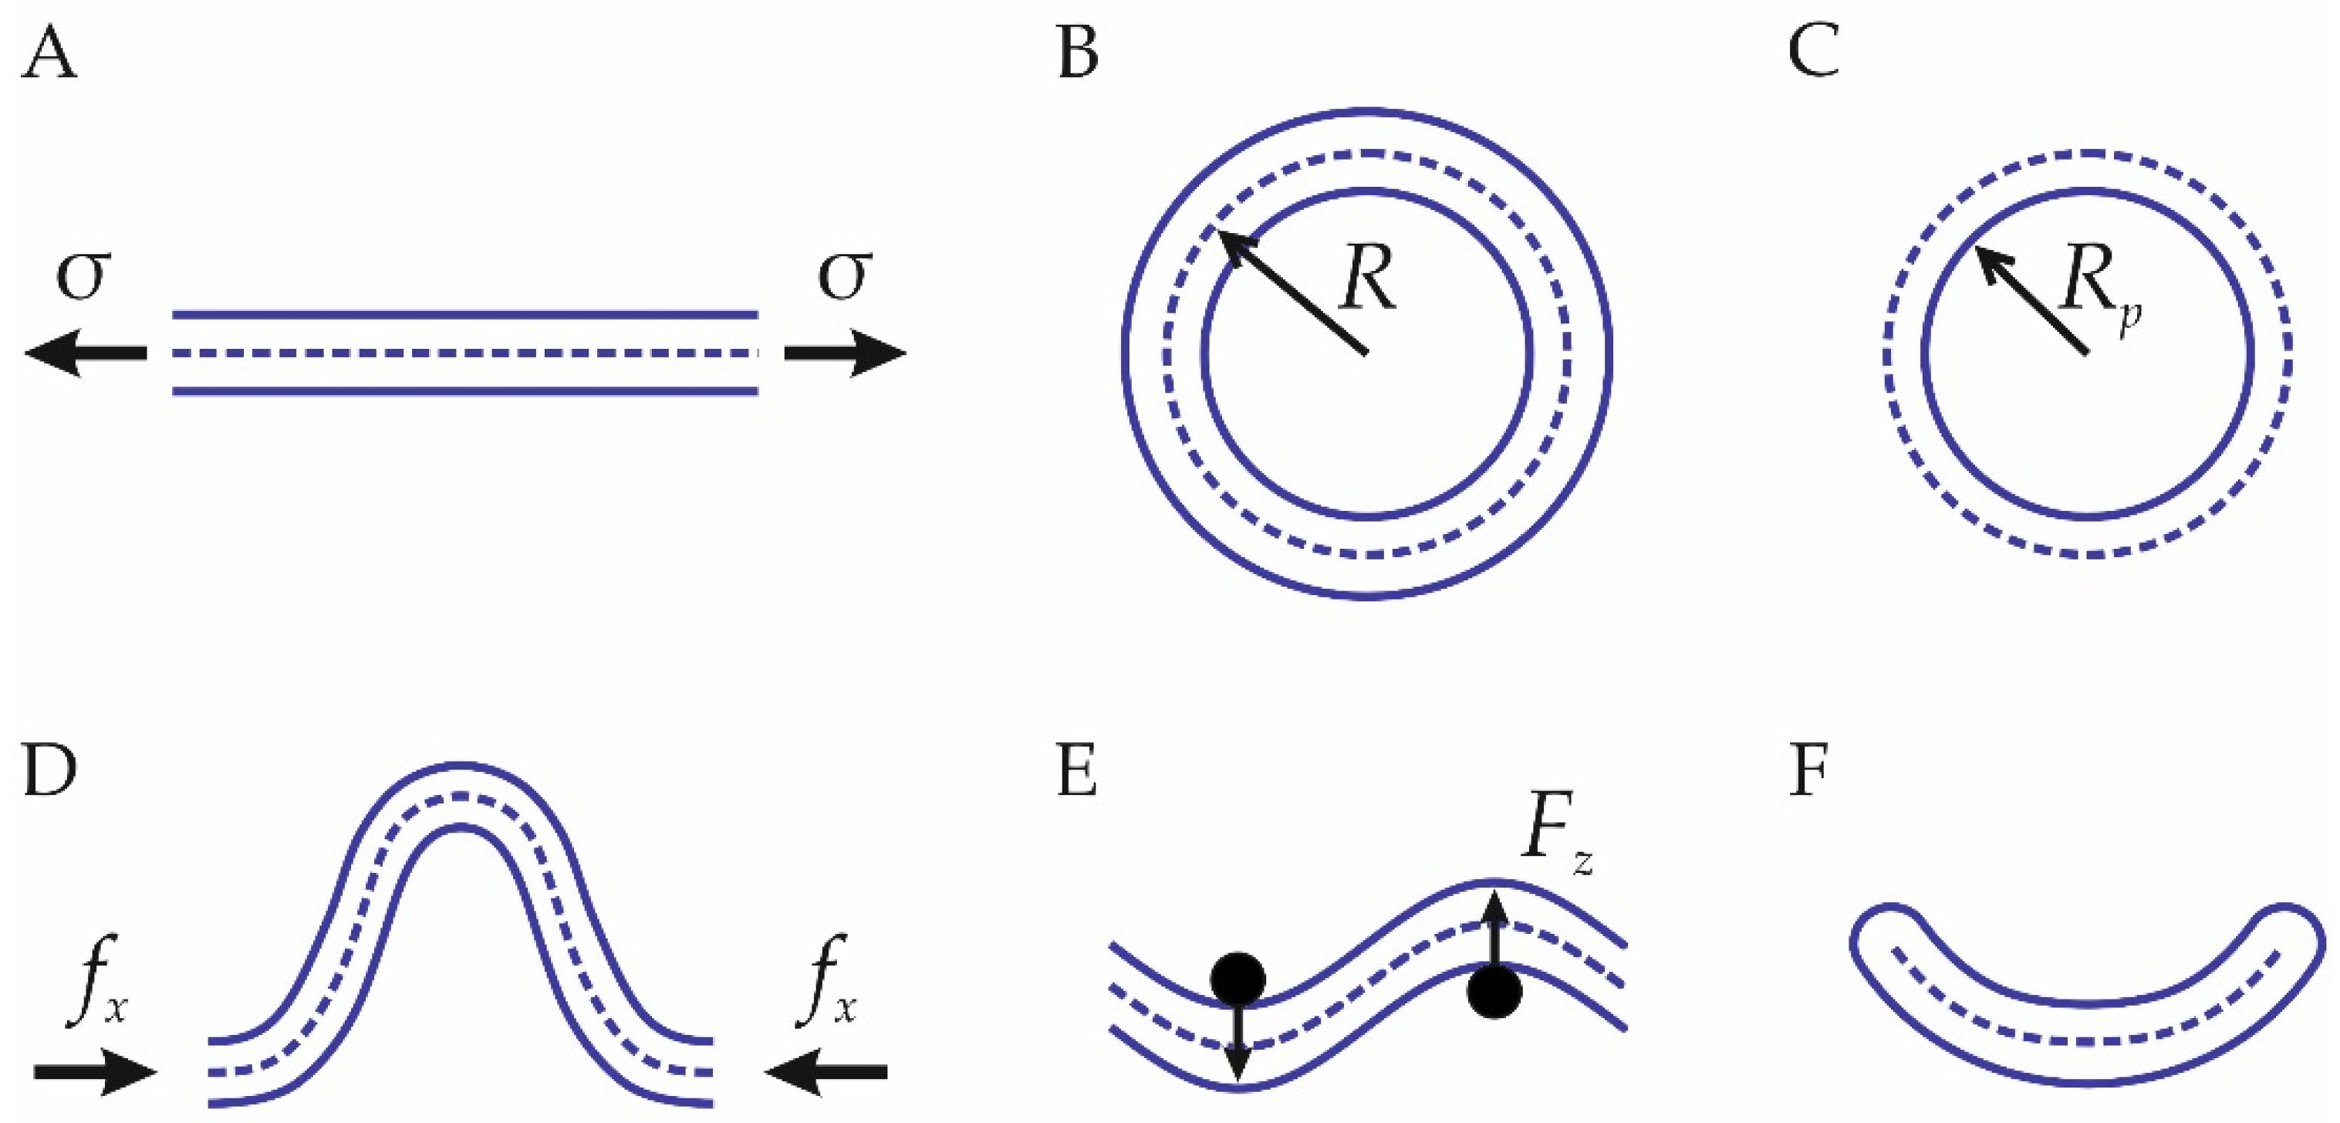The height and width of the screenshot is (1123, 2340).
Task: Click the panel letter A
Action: [49, 52]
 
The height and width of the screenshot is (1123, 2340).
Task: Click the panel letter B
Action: [1079, 52]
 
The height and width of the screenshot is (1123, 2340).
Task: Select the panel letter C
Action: [1814, 52]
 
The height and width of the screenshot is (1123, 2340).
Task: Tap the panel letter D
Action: [49, 773]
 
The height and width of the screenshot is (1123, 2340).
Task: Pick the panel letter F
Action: [1808, 773]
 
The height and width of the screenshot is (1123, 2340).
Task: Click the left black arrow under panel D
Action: [96, 1073]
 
